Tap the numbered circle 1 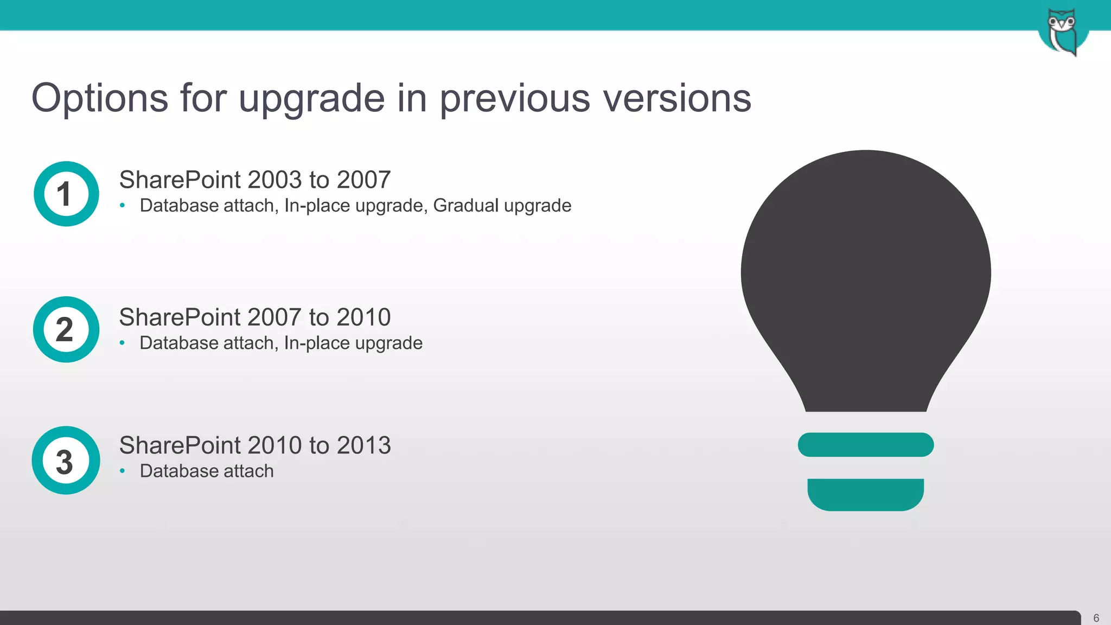click(x=66, y=194)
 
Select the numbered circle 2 click(x=66, y=329)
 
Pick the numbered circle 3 click(x=66, y=460)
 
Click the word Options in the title click(x=100, y=98)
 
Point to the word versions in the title click(x=677, y=98)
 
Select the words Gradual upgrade click(x=502, y=206)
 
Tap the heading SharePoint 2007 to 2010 click(x=254, y=317)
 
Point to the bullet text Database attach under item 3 click(x=207, y=471)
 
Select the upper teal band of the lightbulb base click(x=866, y=444)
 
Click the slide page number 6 click(x=1096, y=618)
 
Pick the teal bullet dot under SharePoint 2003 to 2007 click(x=123, y=206)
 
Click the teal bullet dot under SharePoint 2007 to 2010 click(x=123, y=343)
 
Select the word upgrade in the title click(x=311, y=99)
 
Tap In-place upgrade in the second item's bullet click(x=353, y=343)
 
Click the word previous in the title click(x=514, y=98)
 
